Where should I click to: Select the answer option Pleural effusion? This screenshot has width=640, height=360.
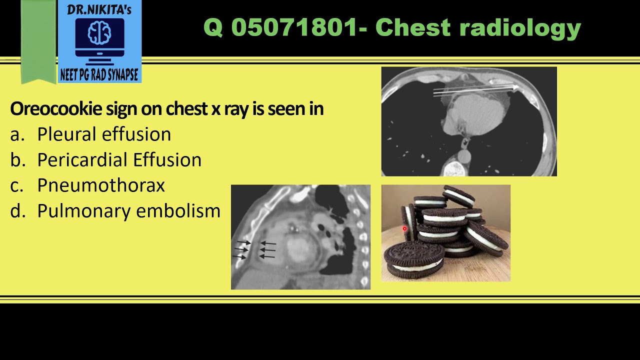(104, 134)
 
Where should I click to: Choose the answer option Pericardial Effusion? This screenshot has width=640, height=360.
(119, 159)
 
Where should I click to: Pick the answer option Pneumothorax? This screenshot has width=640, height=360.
(101, 185)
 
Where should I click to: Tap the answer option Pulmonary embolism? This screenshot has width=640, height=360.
(128, 210)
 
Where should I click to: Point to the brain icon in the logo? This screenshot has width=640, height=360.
(99, 33)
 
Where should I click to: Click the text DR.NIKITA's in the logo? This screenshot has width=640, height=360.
(99, 9)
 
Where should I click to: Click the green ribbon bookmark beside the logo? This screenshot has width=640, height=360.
(38, 42)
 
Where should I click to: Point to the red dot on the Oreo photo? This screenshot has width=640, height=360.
(404, 229)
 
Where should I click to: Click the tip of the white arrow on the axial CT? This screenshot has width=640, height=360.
(517, 87)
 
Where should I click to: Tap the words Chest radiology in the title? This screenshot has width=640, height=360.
(477, 27)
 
